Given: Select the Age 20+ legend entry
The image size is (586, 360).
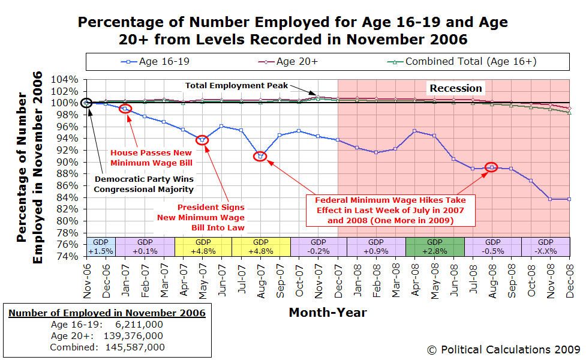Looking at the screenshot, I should [295, 61].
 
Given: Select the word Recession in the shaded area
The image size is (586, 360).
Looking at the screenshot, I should [455, 88].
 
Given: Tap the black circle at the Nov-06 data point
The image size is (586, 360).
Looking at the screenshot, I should [87, 103].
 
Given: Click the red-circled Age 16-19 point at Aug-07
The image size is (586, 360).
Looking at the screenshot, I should [260, 157].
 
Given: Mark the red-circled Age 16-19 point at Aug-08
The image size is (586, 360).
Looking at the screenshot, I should [491, 167].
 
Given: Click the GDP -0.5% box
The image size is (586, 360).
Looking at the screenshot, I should [492, 246].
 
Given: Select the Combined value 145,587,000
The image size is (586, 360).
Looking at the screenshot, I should [135, 347].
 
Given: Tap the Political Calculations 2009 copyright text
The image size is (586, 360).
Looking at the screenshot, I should [503, 349].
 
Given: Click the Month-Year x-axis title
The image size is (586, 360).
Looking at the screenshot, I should [327, 312].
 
